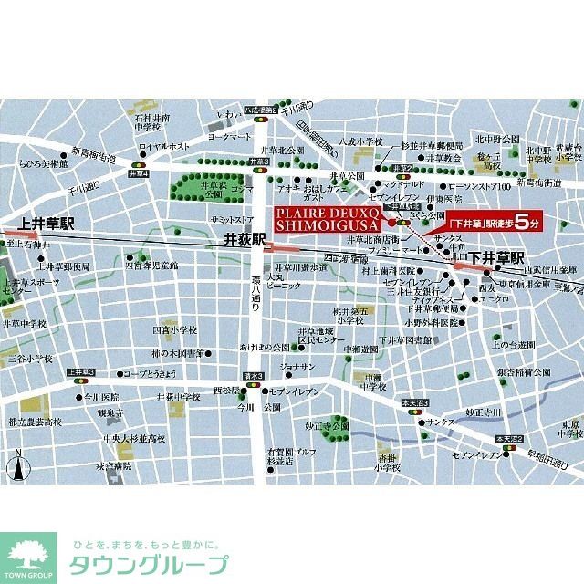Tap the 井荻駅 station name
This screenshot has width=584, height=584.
[244, 240]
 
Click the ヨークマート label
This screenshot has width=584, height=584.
[228, 136]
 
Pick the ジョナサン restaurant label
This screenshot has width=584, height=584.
[297, 367]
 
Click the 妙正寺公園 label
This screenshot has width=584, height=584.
[328, 425]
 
